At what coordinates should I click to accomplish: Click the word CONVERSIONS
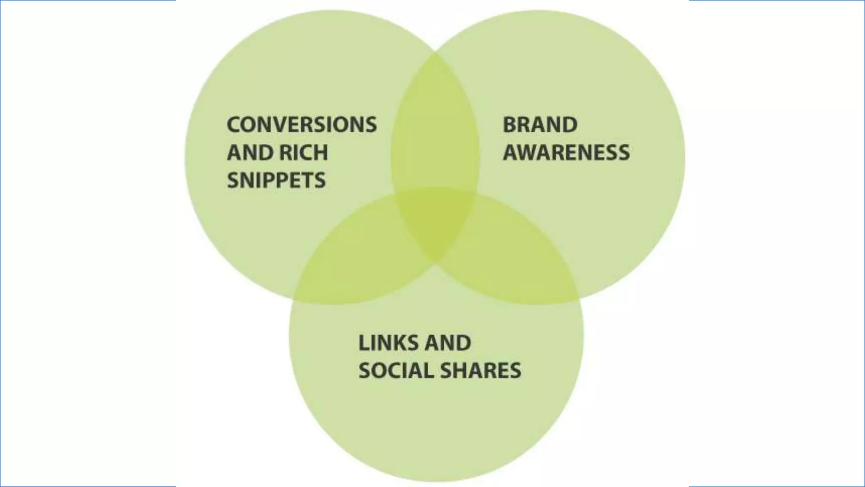302,125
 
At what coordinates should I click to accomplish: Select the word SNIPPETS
276,181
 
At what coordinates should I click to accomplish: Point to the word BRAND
540,125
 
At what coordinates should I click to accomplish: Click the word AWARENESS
566,153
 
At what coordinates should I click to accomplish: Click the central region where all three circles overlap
435,220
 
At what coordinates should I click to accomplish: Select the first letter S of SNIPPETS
234,181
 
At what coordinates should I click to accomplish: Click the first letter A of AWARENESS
511,153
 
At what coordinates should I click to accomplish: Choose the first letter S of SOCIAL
364,371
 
